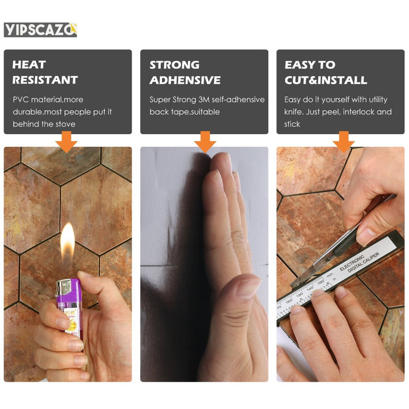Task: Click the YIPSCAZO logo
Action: (x=40, y=30)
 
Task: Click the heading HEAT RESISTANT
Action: (x=45, y=72)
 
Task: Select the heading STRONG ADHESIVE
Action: (x=185, y=72)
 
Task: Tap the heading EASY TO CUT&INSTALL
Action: (x=325, y=72)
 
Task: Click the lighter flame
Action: (x=68, y=239)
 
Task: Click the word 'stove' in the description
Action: (x=64, y=124)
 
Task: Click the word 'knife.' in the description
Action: (x=294, y=112)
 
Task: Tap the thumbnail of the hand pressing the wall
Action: (x=204, y=264)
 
